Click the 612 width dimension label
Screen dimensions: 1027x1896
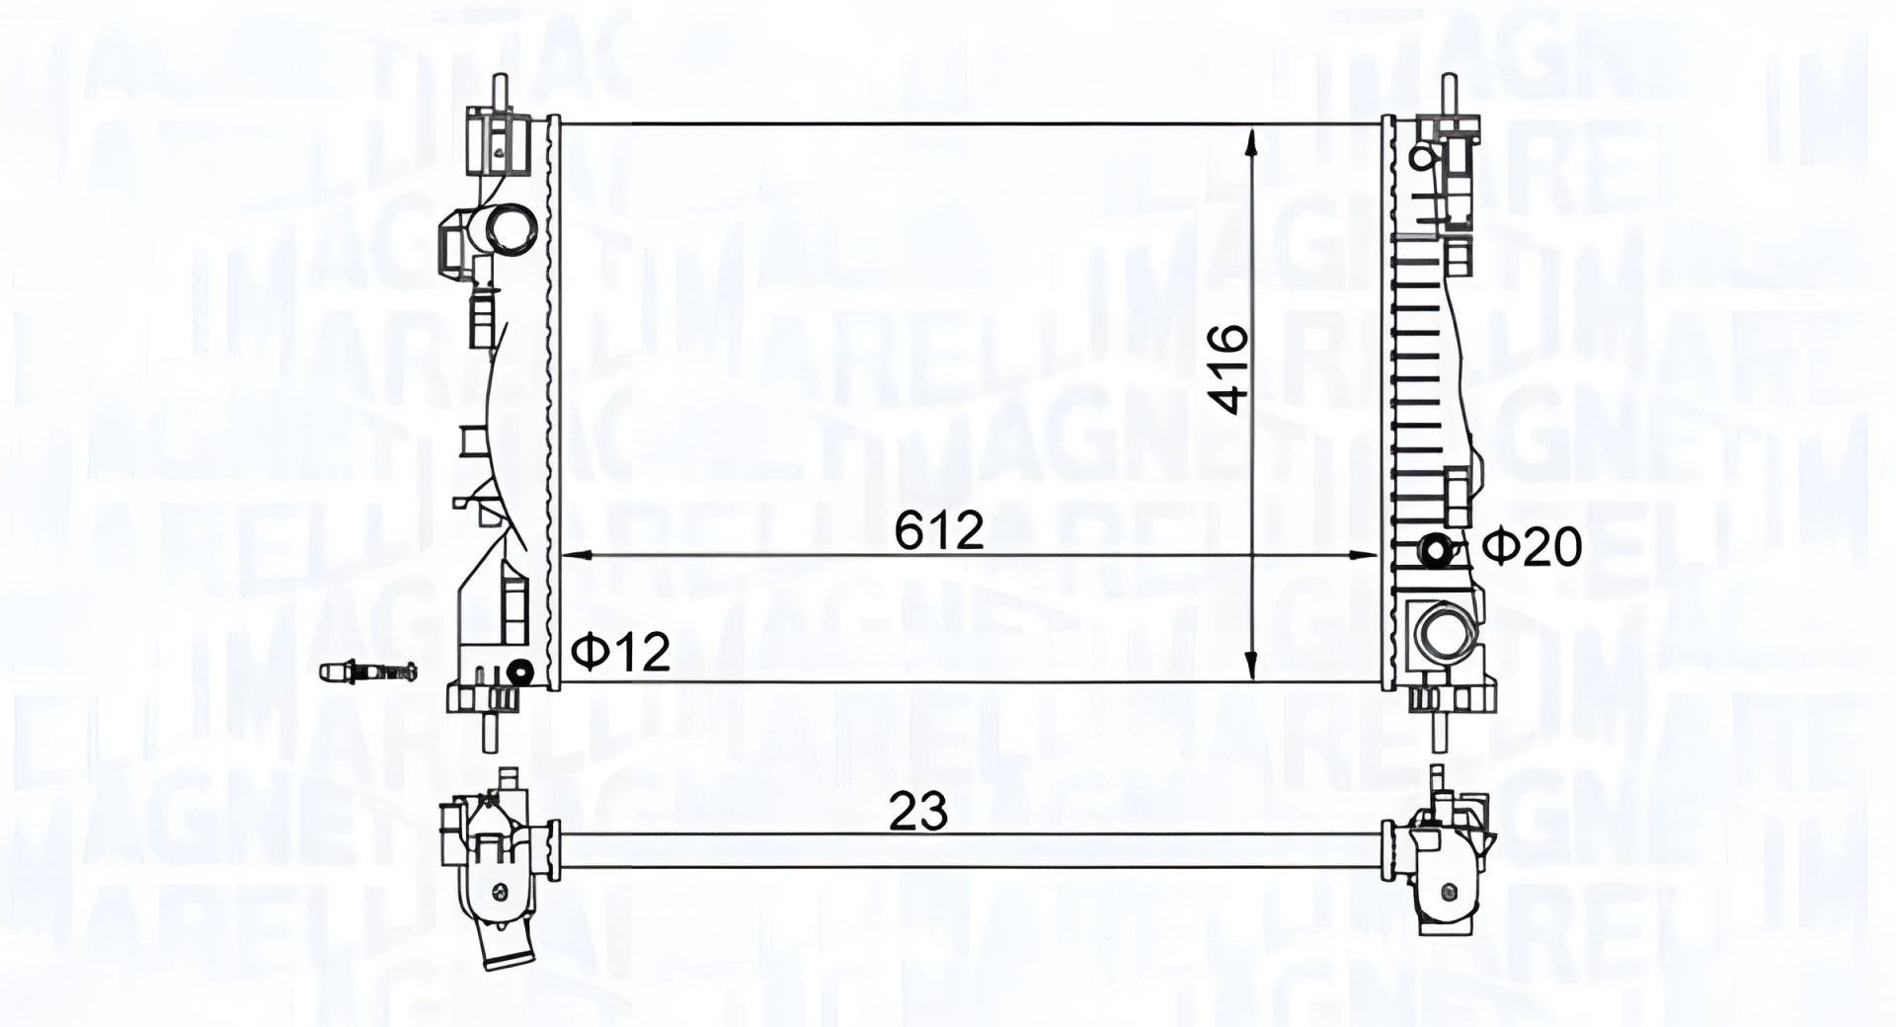point(939,531)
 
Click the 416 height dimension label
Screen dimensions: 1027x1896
point(1230,370)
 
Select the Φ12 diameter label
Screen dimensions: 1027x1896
point(621,653)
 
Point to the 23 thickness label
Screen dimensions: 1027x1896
point(918,812)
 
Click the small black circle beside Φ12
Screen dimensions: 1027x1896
point(519,673)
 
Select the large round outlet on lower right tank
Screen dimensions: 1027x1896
point(1440,633)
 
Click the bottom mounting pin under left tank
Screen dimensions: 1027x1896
point(488,734)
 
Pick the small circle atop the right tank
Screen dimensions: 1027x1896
point(1423,156)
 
